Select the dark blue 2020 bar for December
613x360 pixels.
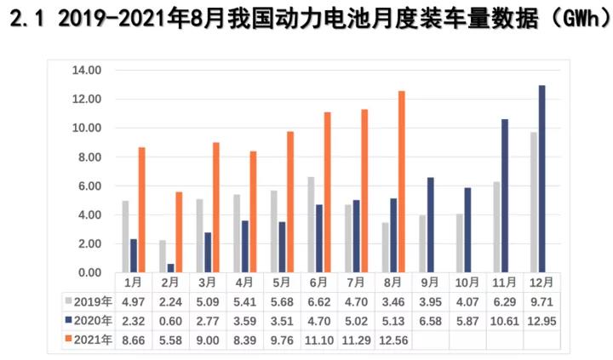tap(542, 179)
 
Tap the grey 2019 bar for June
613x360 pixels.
tap(311, 225)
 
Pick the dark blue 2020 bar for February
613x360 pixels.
tap(170, 268)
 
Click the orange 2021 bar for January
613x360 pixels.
tap(142, 209)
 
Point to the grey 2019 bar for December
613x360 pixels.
tap(533, 203)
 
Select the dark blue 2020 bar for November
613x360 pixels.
tap(505, 196)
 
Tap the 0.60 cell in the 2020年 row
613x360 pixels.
tap(170, 321)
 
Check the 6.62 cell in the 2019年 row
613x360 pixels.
tap(318, 301)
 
